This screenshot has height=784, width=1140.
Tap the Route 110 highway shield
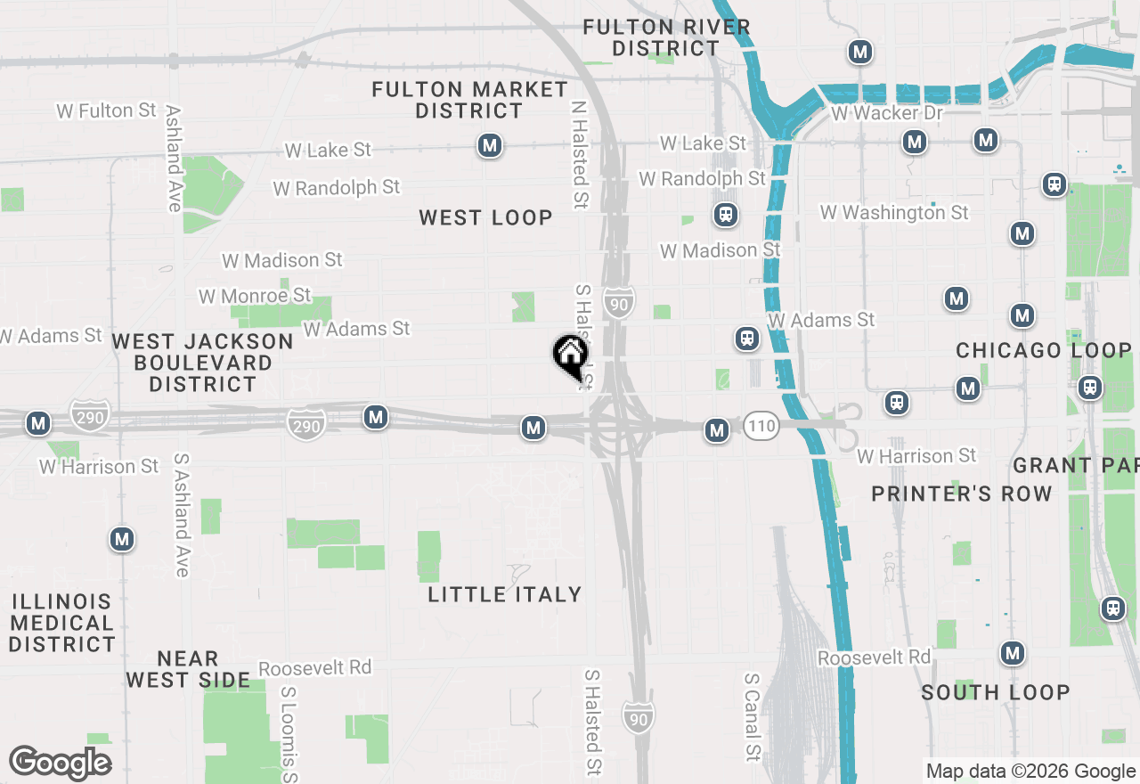pos(761,426)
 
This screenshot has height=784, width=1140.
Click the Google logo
pos(61,763)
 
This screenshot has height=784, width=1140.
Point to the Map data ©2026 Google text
pos(1030,772)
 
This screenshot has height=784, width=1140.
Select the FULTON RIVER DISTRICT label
pos(666,38)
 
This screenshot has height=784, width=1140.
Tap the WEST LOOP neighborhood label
pos(485,217)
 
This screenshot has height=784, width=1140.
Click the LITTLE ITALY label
pos(504,594)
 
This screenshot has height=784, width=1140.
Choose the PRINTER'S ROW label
pos(961,494)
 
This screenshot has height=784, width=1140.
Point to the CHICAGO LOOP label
pos(1044,351)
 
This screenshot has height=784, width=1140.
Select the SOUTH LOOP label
pos(995,692)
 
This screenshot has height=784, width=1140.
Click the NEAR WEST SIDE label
pos(188,669)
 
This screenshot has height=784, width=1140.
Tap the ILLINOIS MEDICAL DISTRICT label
pos(62,623)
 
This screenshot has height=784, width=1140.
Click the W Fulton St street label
pos(106,110)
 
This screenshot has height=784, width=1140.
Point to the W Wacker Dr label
pos(886,113)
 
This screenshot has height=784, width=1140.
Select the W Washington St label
pos(894,212)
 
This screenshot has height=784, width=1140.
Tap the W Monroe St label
pos(255,295)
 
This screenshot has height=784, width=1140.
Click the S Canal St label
pos(752,716)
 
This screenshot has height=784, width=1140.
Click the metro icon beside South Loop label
pos(1012,653)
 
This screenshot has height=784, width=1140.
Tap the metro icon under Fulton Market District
pos(489,145)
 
